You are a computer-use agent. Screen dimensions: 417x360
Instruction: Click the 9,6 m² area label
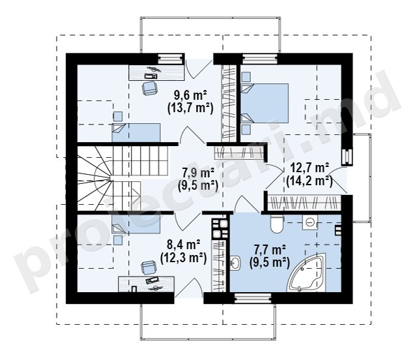(x=190, y=95)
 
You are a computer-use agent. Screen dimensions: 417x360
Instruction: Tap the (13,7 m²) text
(x=190, y=108)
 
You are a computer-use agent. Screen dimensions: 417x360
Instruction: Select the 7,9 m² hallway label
(x=198, y=173)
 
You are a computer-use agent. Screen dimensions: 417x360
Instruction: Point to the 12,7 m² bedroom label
(x=309, y=168)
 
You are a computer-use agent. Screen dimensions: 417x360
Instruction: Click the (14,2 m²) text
(x=309, y=181)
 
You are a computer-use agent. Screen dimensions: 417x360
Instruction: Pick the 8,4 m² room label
(x=184, y=244)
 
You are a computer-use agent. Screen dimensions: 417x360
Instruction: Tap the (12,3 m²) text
(x=184, y=258)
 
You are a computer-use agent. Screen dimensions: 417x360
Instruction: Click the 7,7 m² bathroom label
(x=270, y=250)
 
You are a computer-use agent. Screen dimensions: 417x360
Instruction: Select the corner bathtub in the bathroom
(x=307, y=273)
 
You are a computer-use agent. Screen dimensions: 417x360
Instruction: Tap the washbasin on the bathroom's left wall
(x=235, y=263)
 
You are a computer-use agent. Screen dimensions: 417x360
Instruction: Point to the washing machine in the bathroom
(x=310, y=222)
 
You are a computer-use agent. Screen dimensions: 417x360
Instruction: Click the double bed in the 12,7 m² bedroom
(x=265, y=103)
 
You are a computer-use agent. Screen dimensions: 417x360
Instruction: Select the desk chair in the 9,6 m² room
(x=149, y=88)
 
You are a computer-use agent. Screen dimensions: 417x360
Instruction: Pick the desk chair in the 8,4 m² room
(x=149, y=267)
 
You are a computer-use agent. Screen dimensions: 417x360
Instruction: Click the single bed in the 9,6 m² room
(x=136, y=132)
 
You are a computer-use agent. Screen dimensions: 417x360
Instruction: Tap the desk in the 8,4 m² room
(x=146, y=284)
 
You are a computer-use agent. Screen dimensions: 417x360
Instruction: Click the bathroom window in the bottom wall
(x=253, y=298)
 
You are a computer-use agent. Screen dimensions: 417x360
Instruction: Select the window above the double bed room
(x=260, y=59)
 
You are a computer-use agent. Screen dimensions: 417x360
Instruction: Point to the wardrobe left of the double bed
(x=229, y=103)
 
